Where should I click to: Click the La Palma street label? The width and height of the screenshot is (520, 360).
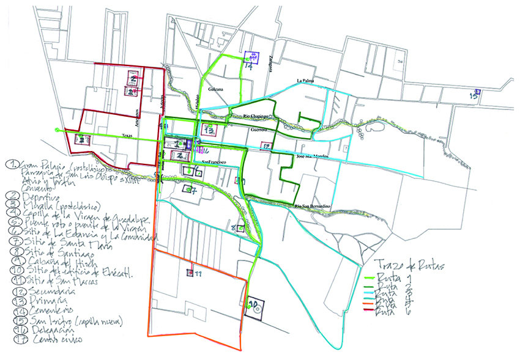305,80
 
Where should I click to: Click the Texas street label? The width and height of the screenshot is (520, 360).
127,136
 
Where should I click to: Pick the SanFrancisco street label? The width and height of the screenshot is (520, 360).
214,162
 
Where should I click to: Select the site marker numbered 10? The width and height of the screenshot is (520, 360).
256,306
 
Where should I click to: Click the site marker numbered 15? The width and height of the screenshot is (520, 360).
474,95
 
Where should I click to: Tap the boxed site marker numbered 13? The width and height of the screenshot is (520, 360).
209,131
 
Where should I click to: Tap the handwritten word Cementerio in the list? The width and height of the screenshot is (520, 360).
48,311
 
